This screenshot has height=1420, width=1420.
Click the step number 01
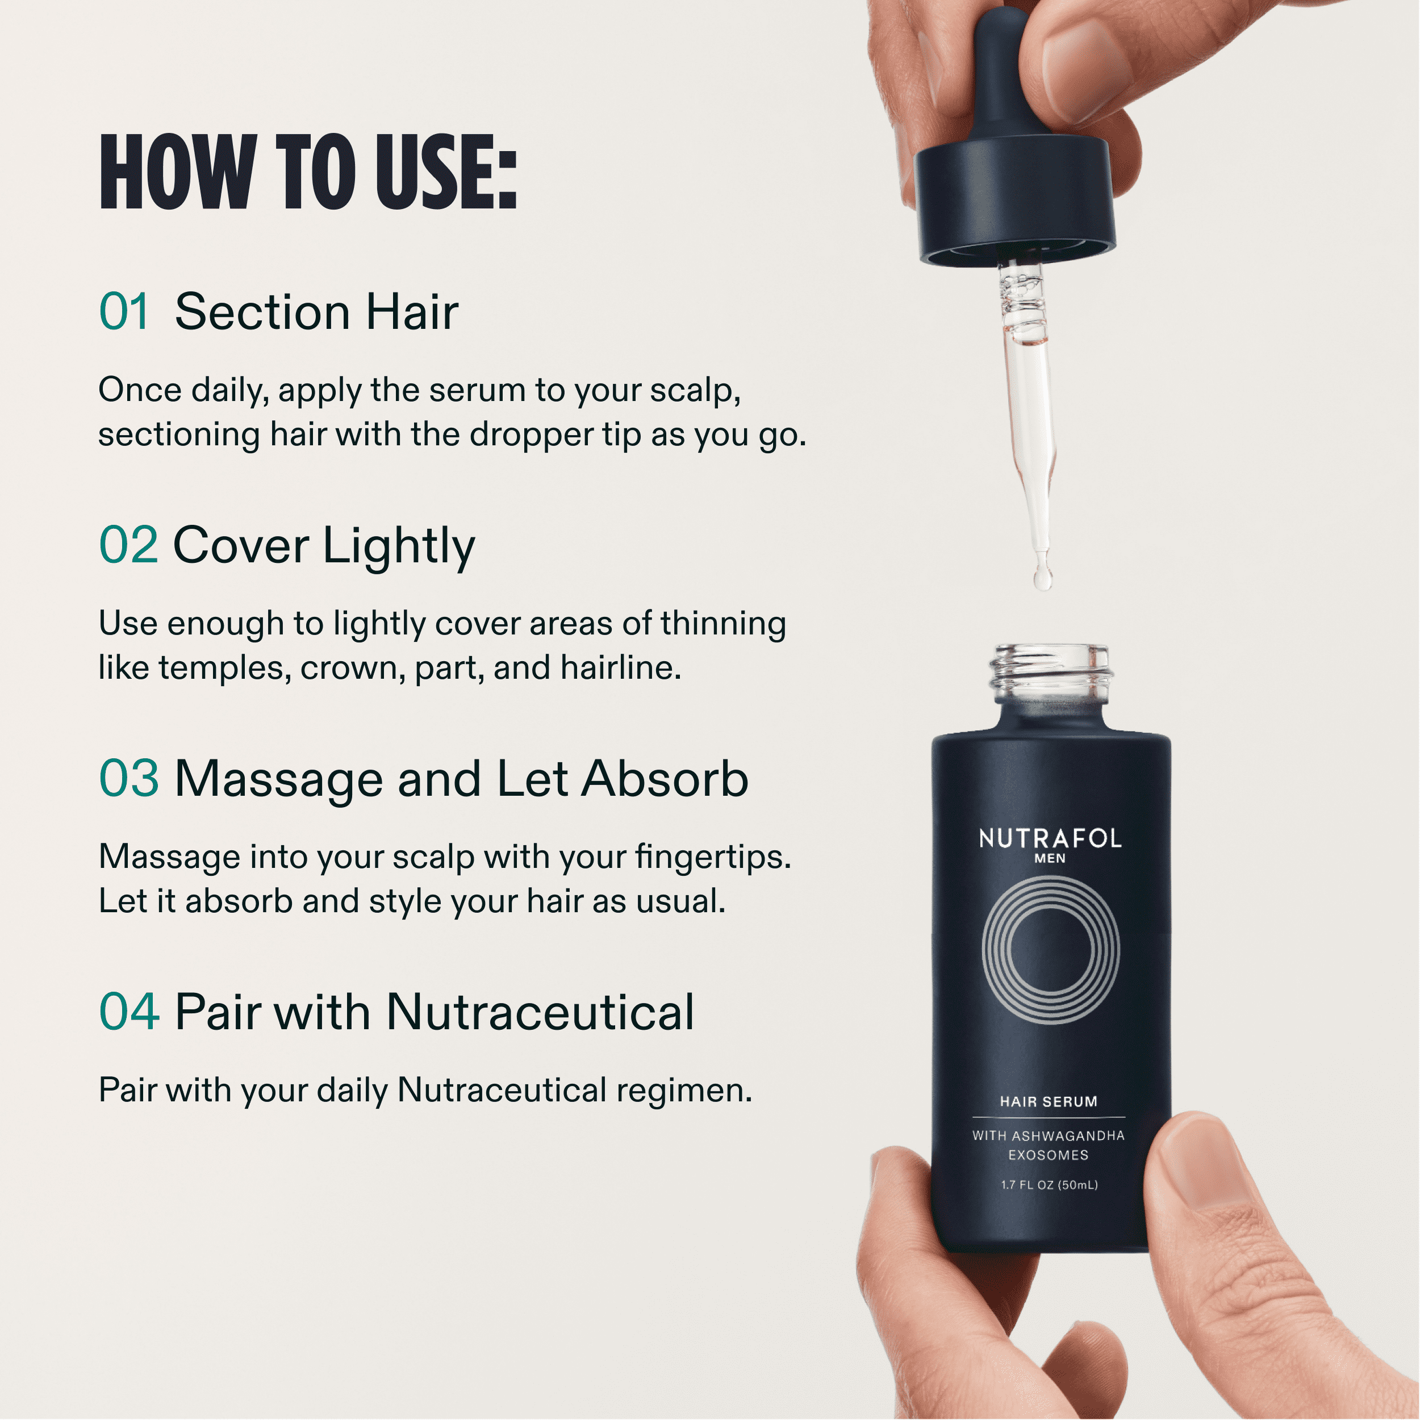pyautogui.click(x=124, y=312)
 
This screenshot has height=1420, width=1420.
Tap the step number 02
pyautogui.click(x=128, y=545)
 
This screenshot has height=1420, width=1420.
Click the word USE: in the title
pyautogui.click(x=446, y=173)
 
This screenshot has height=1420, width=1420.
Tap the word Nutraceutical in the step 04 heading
pyautogui.click(x=540, y=1012)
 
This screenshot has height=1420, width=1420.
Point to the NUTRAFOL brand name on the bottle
pyautogui.click(x=1050, y=838)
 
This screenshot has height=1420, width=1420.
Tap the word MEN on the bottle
pyautogui.click(x=1050, y=858)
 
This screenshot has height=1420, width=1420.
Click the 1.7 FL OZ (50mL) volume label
pyautogui.click(x=1050, y=1185)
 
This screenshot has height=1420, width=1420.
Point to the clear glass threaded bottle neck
pyautogui.click(x=1050, y=674)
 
